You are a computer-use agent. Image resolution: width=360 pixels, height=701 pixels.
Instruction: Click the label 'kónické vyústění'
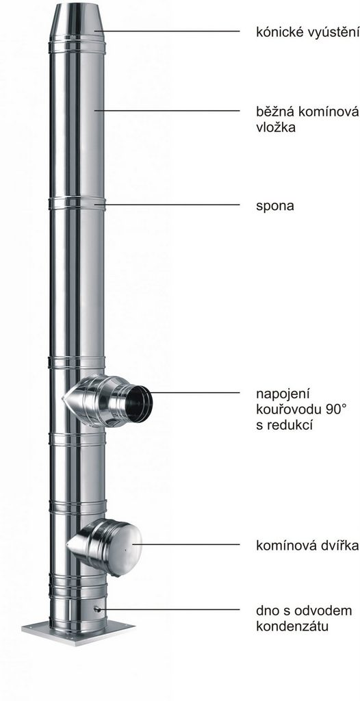(308, 33)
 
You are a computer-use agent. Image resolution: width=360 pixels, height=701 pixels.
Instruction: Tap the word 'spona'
(275, 207)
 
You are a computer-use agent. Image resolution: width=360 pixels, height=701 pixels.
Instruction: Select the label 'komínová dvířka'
(308, 546)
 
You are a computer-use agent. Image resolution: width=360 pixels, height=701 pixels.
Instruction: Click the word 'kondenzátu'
(292, 626)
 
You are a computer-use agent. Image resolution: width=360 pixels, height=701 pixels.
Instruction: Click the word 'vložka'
(276, 127)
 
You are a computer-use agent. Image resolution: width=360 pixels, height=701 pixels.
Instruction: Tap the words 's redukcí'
(284, 424)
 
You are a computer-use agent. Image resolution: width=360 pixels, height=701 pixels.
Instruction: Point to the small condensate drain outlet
(97, 609)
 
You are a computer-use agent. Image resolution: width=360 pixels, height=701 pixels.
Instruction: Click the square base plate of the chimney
(78, 631)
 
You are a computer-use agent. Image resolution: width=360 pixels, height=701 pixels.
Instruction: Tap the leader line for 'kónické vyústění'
(167, 31)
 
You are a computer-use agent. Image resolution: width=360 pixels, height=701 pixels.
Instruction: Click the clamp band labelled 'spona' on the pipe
(77, 203)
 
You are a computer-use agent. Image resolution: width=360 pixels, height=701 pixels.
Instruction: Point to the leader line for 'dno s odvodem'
(170, 609)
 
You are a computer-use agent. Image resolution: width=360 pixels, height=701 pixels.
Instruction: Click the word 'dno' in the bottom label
(266, 611)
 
